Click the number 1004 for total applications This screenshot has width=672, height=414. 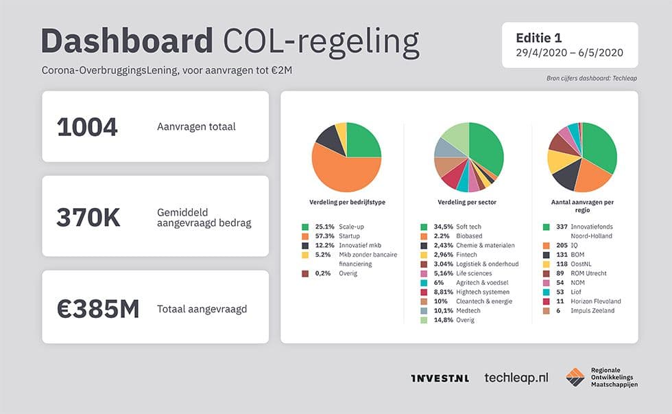87,127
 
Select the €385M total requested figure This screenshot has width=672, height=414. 98,308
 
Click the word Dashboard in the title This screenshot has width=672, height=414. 127,42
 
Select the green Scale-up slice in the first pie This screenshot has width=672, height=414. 362,140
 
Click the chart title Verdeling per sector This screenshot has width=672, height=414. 467,203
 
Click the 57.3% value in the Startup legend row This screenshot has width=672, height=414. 325,235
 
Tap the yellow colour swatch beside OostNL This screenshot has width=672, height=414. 547,264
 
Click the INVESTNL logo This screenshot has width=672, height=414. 440,378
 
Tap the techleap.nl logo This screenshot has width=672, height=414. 516,378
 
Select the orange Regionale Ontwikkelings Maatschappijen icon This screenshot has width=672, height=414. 575,378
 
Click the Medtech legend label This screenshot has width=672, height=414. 468,310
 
